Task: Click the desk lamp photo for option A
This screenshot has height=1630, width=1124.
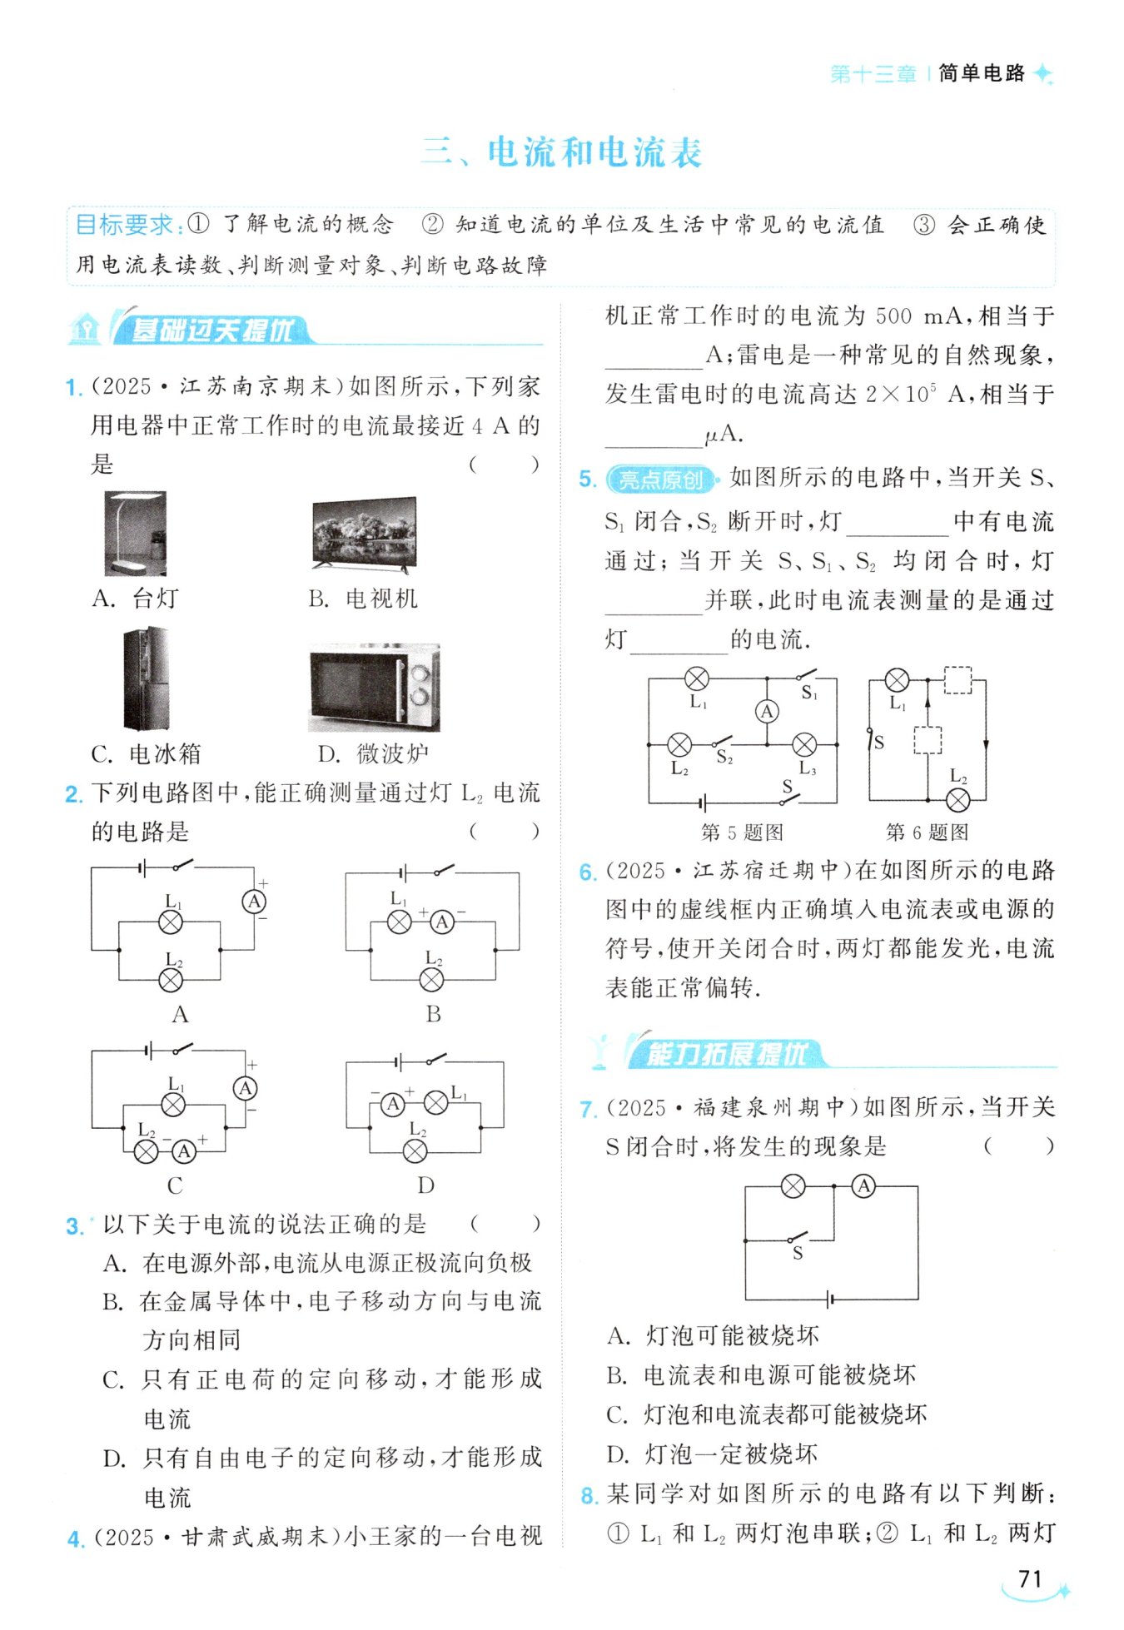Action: coord(135,533)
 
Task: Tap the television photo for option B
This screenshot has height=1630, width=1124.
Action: coord(363,533)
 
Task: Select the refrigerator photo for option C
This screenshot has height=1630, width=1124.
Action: coord(147,678)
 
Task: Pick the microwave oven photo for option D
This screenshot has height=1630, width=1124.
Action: coord(374,687)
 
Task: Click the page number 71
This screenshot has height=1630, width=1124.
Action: coord(1030,1578)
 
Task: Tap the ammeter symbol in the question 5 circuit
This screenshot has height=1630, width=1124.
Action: coord(767,712)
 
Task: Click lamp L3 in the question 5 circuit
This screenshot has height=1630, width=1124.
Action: coord(804,744)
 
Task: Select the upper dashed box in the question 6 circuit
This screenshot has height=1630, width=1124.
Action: coord(957,680)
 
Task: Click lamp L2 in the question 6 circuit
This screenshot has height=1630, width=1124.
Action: coord(958,801)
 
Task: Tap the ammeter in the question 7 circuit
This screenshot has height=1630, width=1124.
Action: coord(864,1185)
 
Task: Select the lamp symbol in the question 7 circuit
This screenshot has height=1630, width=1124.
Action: coord(793,1185)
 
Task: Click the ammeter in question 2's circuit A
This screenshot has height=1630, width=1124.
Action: coord(254,901)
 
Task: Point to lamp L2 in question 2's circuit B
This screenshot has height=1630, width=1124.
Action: coord(431,980)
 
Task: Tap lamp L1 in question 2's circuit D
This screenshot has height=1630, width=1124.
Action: coord(436,1104)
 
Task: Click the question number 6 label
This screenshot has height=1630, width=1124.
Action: coord(588,872)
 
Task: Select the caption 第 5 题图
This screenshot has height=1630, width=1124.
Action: coord(742,832)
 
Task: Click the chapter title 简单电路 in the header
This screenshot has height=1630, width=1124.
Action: coord(982,73)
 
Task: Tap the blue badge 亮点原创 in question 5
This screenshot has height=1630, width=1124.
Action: coord(661,480)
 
